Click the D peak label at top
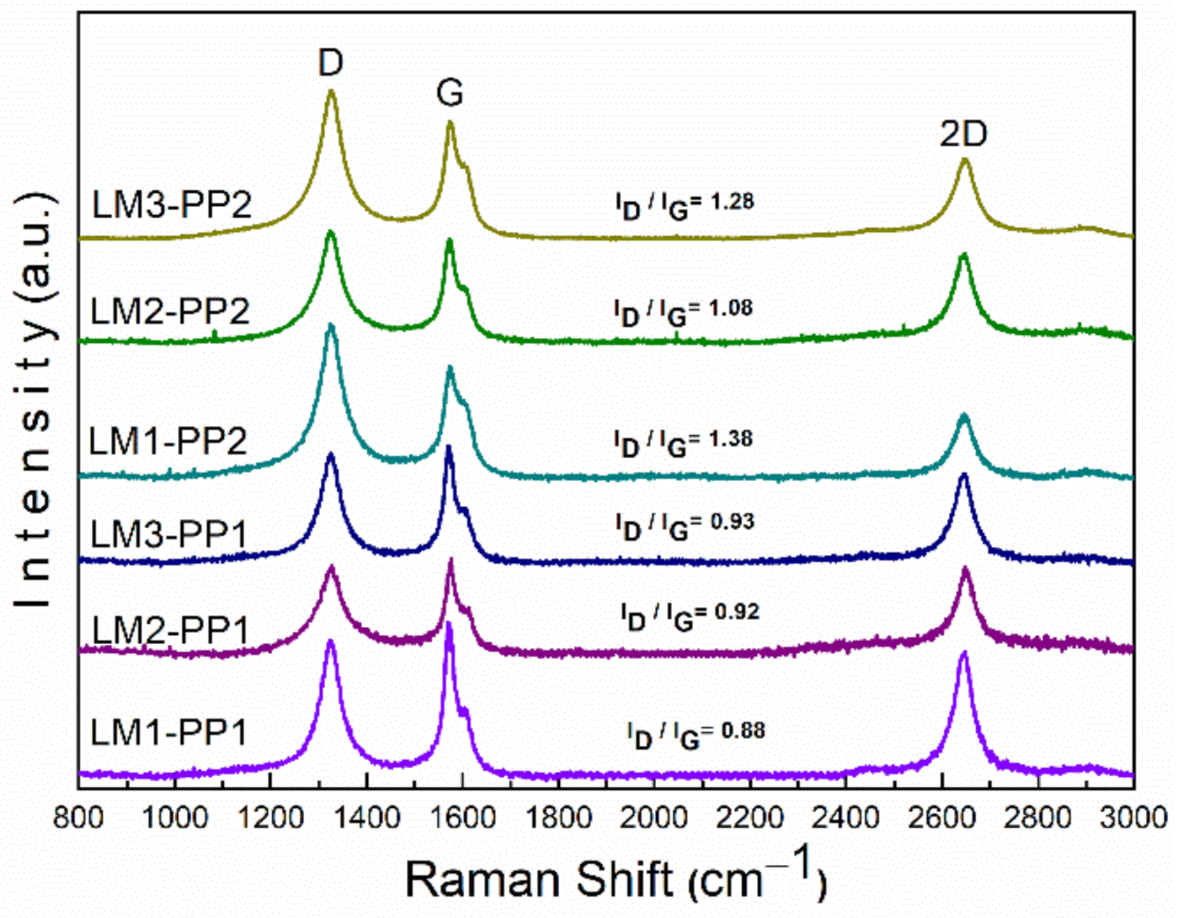pyautogui.click(x=330, y=64)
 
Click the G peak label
pyautogui.click(x=450, y=93)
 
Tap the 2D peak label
pyautogui.click(x=963, y=134)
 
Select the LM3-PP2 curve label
pyautogui.click(x=172, y=205)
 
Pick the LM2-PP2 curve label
pyautogui.click(x=170, y=312)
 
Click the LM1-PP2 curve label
pyautogui.click(x=168, y=441)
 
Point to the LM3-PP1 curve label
pyautogui.click(x=169, y=535)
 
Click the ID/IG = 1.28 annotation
pyautogui.click(x=684, y=204)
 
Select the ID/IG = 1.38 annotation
pyautogui.click(x=683, y=441)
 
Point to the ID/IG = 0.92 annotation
pyautogui.click(x=689, y=614)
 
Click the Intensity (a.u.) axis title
pyautogui.click(x=35, y=401)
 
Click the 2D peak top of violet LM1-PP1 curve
pyautogui.click(x=963, y=653)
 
